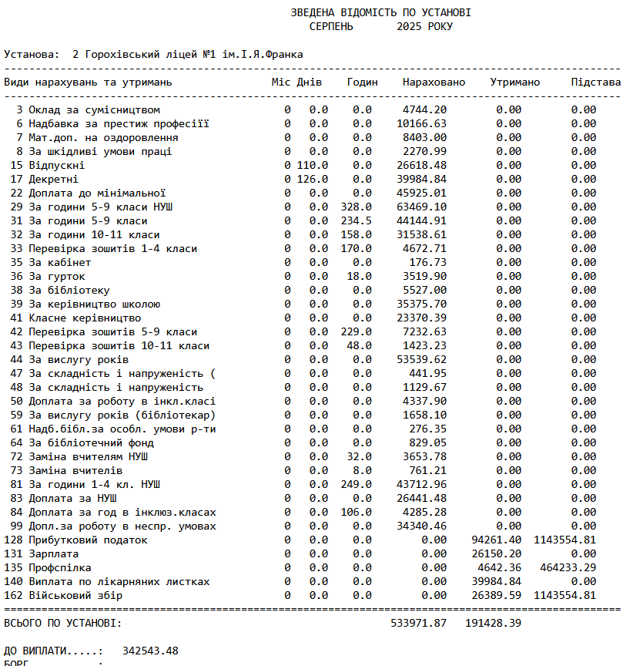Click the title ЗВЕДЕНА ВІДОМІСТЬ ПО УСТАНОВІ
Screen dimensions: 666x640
(x=380, y=13)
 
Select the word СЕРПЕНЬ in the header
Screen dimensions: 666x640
(x=331, y=27)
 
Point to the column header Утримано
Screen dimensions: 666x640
(x=514, y=82)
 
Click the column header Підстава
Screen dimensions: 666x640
(x=595, y=82)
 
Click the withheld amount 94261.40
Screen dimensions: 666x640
(x=496, y=540)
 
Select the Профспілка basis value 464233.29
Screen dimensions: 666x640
(x=571, y=568)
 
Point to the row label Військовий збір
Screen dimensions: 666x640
(x=75, y=596)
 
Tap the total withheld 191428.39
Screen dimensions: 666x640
(x=493, y=623)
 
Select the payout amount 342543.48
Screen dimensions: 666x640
(x=150, y=651)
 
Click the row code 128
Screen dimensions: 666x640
(x=13, y=540)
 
